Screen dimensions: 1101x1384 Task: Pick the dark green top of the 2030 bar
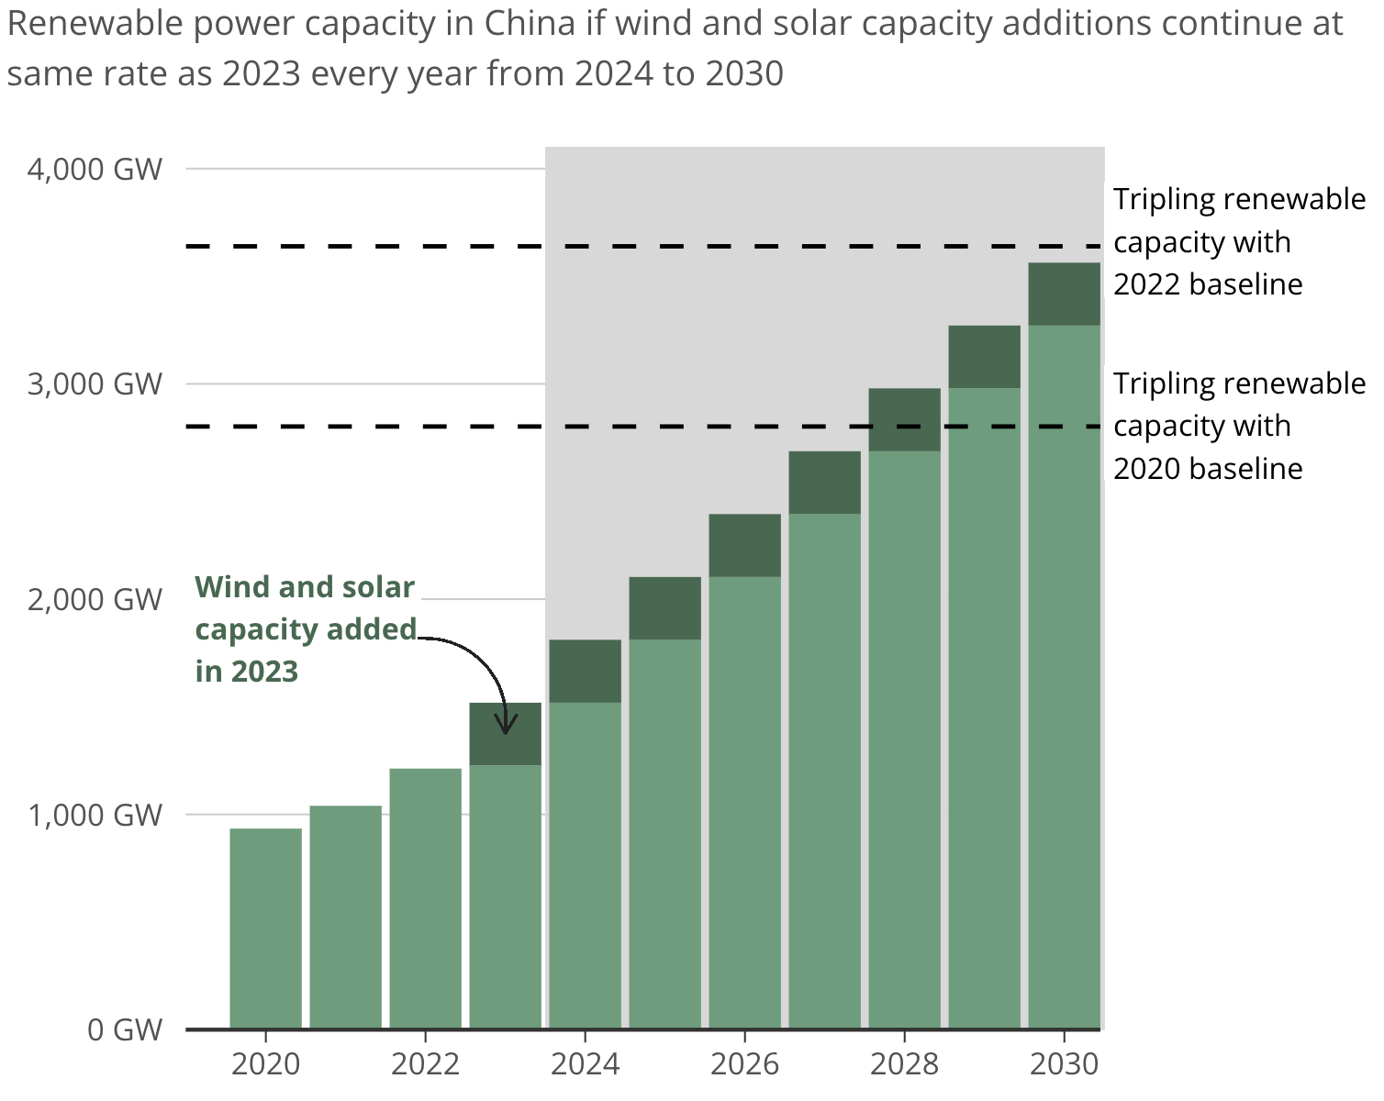click(1064, 294)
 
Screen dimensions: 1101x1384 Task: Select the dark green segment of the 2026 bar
click(744, 545)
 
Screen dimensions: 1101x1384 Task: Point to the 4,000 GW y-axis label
click(95, 170)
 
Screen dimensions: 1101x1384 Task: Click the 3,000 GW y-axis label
click(95, 384)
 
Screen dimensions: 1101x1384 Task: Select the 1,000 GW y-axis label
click(95, 815)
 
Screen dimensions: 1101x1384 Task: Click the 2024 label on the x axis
click(585, 1064)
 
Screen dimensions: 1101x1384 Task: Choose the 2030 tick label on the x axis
click(1064, 1064)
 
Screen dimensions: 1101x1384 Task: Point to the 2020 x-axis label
click(265, 1064)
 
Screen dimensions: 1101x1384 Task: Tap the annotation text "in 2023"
click(247, 672)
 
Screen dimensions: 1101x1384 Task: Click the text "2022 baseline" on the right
click(1208, 284)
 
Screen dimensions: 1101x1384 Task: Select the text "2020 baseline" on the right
click(1208, 469)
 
